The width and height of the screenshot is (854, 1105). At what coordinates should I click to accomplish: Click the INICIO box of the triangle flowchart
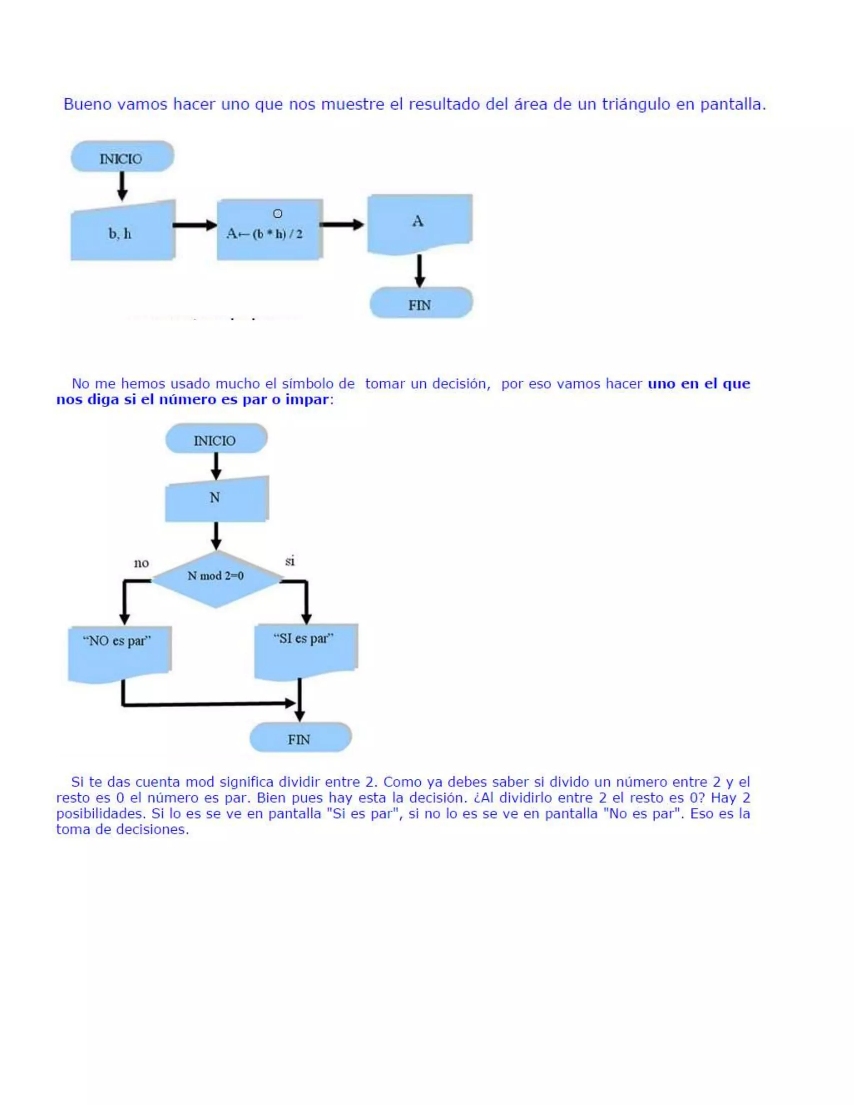[x=122, y=157]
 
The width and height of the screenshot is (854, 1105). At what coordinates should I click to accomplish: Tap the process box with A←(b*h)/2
[x=269, y=230]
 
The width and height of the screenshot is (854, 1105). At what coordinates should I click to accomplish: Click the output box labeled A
[x=419, y=223]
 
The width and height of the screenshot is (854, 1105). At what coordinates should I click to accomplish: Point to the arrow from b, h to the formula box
[x=195, y=225]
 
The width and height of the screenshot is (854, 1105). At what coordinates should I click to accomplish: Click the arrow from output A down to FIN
[x=419, y=271]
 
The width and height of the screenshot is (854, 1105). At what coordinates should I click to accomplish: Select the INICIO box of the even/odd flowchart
[x=216, y=439]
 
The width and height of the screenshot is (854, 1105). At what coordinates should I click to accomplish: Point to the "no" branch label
[x=141, y=563]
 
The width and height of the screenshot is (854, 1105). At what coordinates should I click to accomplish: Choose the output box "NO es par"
[x=119, y=653]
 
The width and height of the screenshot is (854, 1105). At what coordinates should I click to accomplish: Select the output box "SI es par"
[x=306, y=650]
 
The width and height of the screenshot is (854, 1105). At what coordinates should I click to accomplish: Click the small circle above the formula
[x=278, y=213]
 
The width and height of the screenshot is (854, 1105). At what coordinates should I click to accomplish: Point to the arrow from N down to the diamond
[x=216, y=536]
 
